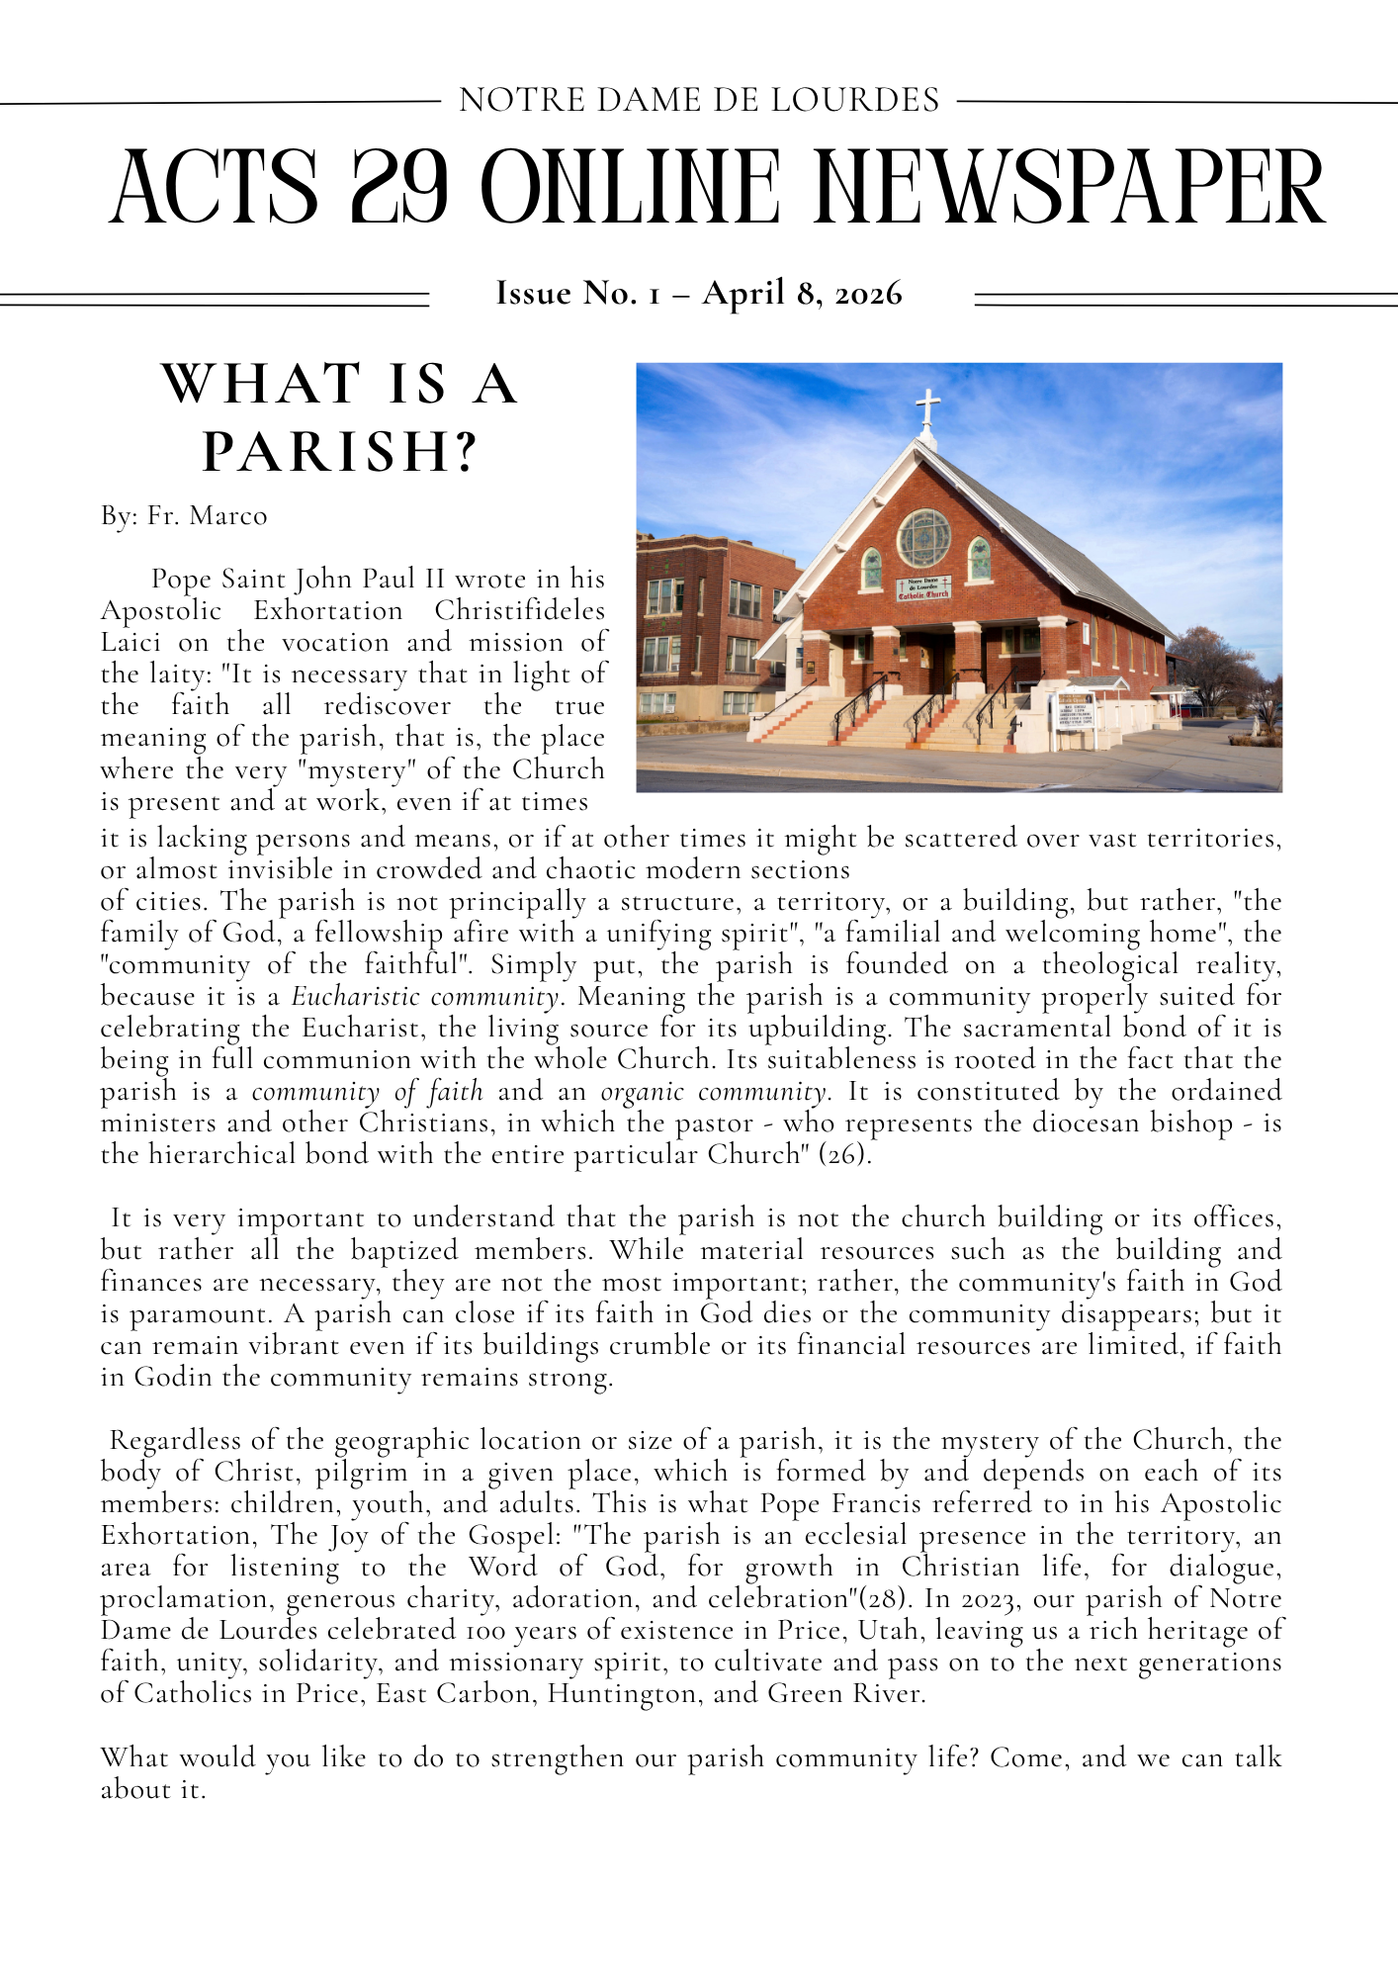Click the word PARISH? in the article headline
pyautogui.click(x=340, y=451)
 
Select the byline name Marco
pyautogui.click(x=228, y=516)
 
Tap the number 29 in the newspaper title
pyautogui.click(x=399, y=188)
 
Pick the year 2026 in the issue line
pyautogui.click(x=868, y=294)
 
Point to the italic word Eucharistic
pyautogui.click(x=356, y=997)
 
